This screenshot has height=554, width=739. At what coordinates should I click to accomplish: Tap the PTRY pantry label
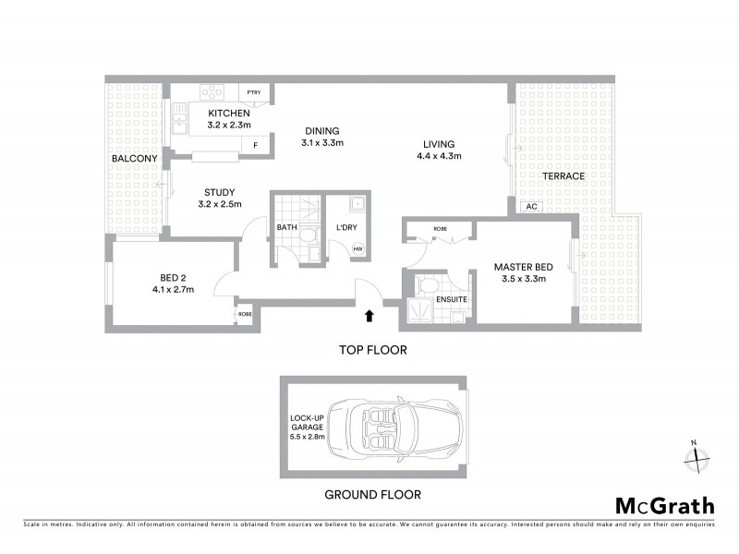[x=254, y=92]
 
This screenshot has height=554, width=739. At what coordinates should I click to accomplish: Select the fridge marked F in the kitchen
[x=255, y=145]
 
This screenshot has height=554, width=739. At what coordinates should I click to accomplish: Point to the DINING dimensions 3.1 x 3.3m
[x=322, y=143]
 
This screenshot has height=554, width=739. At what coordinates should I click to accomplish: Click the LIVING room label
[x=439, y=143]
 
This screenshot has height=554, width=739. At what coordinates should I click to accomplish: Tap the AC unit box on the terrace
[x=530, y=207]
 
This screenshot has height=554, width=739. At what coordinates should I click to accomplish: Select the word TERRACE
[x=563, y=176]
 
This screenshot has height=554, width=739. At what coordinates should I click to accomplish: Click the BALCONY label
[x=134, y=159]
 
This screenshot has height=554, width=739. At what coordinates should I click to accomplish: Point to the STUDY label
[x=219, y=192]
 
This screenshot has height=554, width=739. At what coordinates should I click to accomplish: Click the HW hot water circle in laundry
[x=358, y=247]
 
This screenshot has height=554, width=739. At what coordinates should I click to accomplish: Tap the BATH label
[x=286, y=227]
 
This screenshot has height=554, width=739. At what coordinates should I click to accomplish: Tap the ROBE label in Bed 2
[x=245, y=314]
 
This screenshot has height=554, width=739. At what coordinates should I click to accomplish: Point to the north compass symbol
[x=696, y=454]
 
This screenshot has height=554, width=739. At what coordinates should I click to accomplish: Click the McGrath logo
[x=665, y=505]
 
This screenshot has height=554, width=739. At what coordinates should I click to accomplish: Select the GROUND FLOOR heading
[x=372, y=494]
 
